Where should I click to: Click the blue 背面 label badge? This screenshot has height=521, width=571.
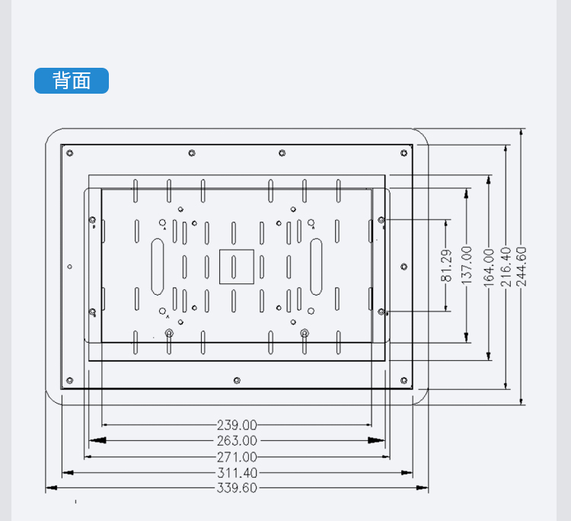(72, 81)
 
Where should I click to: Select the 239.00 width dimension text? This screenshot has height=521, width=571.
(237, 425)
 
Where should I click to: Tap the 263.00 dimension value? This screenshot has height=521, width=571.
(237, 441)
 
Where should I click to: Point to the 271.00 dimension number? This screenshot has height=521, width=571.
(237, 457)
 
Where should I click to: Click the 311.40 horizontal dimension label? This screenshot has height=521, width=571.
(237, 473)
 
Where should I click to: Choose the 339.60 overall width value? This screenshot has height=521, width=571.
(237, 488)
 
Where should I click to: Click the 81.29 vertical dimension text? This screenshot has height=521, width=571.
(448, 265)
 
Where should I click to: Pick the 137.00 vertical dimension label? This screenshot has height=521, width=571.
(467, 265)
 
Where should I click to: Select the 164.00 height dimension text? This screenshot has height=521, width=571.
(488, 265)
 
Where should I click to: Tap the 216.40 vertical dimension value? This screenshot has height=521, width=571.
(505, 265)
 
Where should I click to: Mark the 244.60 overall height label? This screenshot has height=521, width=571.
(522, 265)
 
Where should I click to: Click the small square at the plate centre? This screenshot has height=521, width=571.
(236, 266)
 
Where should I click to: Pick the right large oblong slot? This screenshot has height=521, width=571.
(317, 266)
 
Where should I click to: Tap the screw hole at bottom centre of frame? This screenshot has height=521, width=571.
(237, 379)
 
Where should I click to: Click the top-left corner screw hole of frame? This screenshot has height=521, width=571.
(70, 153)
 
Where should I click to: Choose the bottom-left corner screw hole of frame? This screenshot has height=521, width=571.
(70, 379)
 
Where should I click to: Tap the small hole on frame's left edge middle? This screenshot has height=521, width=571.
(70, 267)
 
